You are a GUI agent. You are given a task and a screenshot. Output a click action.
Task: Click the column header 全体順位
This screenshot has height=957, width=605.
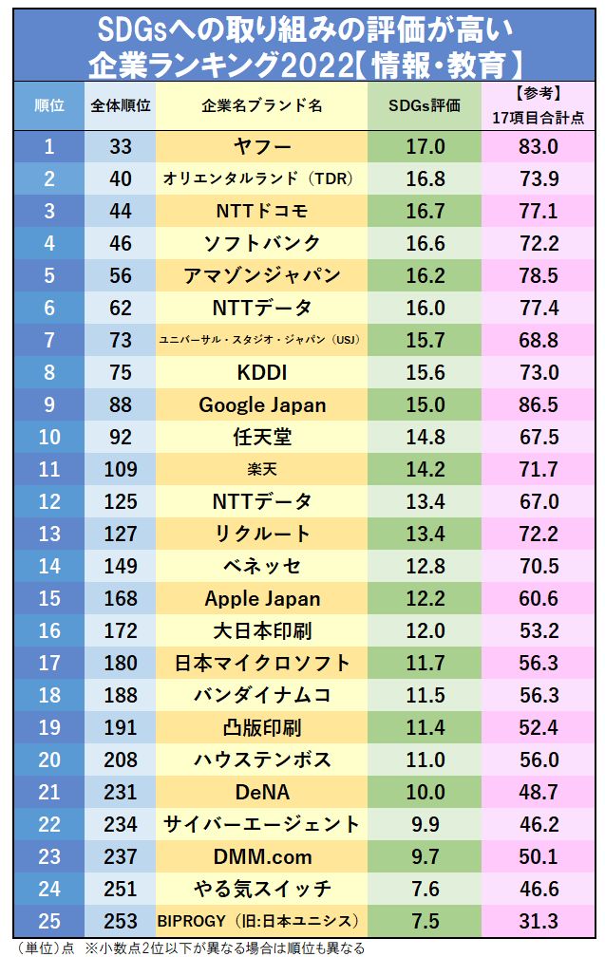[121, 105]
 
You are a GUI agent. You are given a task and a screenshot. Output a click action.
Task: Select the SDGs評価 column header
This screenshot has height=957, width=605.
[425, 105]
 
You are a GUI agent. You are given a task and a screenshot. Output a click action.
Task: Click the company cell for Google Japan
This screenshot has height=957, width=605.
[261, 404]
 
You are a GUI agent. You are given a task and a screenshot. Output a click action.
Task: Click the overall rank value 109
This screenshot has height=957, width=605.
[121, 469]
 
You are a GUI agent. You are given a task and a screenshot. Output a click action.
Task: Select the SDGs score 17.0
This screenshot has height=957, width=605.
[425, 146]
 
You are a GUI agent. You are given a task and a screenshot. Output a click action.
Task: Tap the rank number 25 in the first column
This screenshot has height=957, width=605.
[49, 921]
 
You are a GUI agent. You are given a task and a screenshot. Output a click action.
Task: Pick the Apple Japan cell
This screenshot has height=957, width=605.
[261, 598]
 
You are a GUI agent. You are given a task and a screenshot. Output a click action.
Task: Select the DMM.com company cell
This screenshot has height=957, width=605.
[261, 856]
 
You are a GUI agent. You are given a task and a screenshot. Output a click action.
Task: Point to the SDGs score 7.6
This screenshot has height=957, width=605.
[425, 889]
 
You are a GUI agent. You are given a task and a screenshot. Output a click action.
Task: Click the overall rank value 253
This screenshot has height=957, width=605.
[121, 921]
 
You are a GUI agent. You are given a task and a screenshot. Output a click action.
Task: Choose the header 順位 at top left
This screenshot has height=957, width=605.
[49, 105]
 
